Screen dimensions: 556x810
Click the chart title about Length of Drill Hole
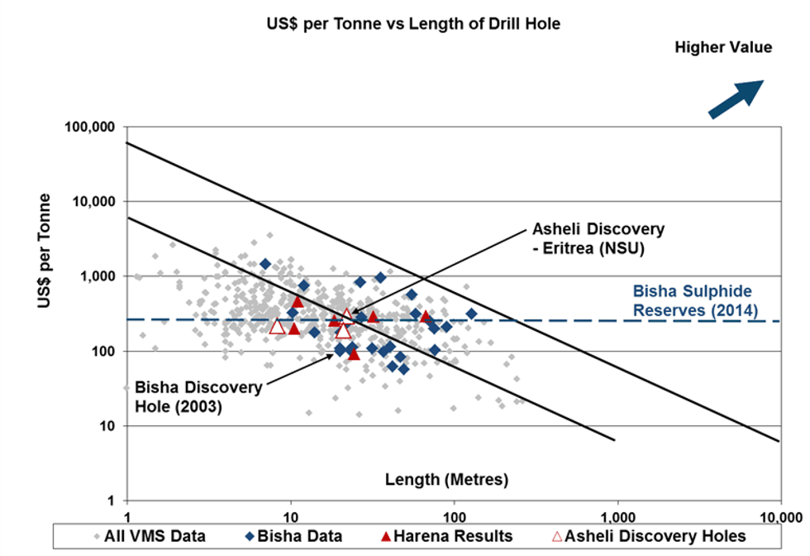point(405,24)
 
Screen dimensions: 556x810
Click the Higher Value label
point(722,47)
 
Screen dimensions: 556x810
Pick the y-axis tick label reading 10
point(113,426)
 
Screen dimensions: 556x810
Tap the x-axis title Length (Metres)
point(447,479)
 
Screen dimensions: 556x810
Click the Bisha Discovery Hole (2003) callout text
point(198,396)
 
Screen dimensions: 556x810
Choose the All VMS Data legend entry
point(151,536)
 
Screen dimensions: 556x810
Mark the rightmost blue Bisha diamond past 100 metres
point(471,314)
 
